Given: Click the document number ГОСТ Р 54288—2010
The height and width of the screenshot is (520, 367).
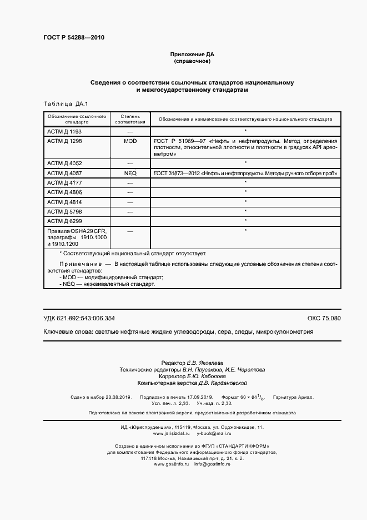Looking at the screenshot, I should click(74, 38).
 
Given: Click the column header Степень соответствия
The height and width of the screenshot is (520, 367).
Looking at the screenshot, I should click(130, 119).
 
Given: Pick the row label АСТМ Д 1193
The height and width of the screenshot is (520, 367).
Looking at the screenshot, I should click(64, 131).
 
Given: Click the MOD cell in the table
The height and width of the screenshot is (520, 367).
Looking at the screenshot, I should click(130, 141).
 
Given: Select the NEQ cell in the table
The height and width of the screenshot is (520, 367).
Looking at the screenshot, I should click(130, 174).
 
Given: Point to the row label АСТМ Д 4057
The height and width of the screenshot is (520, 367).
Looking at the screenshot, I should click(64, 174).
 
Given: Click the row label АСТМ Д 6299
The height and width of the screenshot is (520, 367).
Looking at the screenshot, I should click(64, 221).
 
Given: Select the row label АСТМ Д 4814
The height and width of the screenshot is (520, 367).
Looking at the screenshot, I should click(64, 201).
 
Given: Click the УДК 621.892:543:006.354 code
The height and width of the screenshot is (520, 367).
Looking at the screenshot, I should click(79, 318).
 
